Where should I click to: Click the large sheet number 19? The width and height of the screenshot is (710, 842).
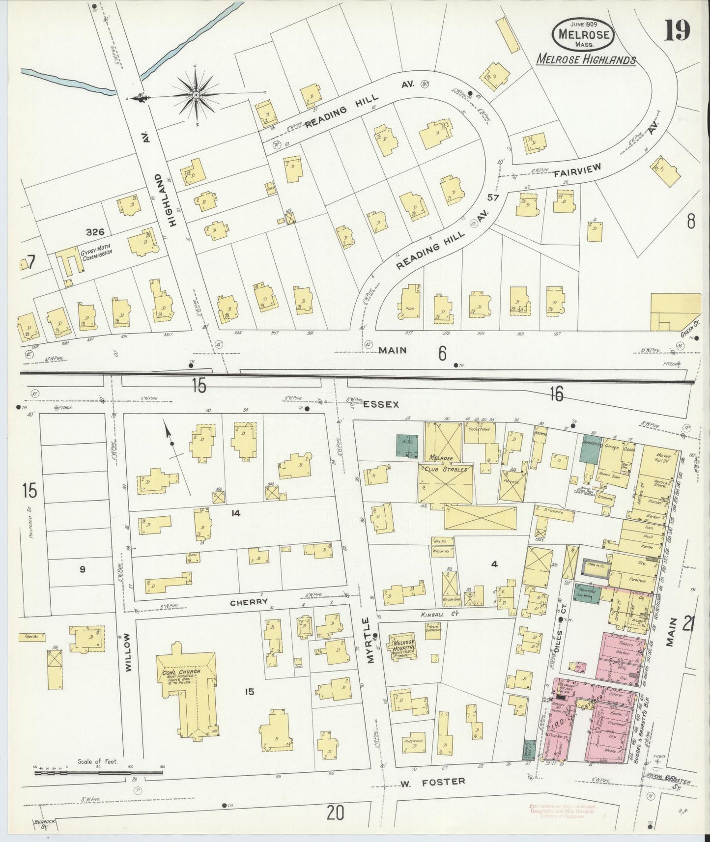coord(678,30)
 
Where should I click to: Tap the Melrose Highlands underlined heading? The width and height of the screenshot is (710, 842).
coord(586,59)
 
